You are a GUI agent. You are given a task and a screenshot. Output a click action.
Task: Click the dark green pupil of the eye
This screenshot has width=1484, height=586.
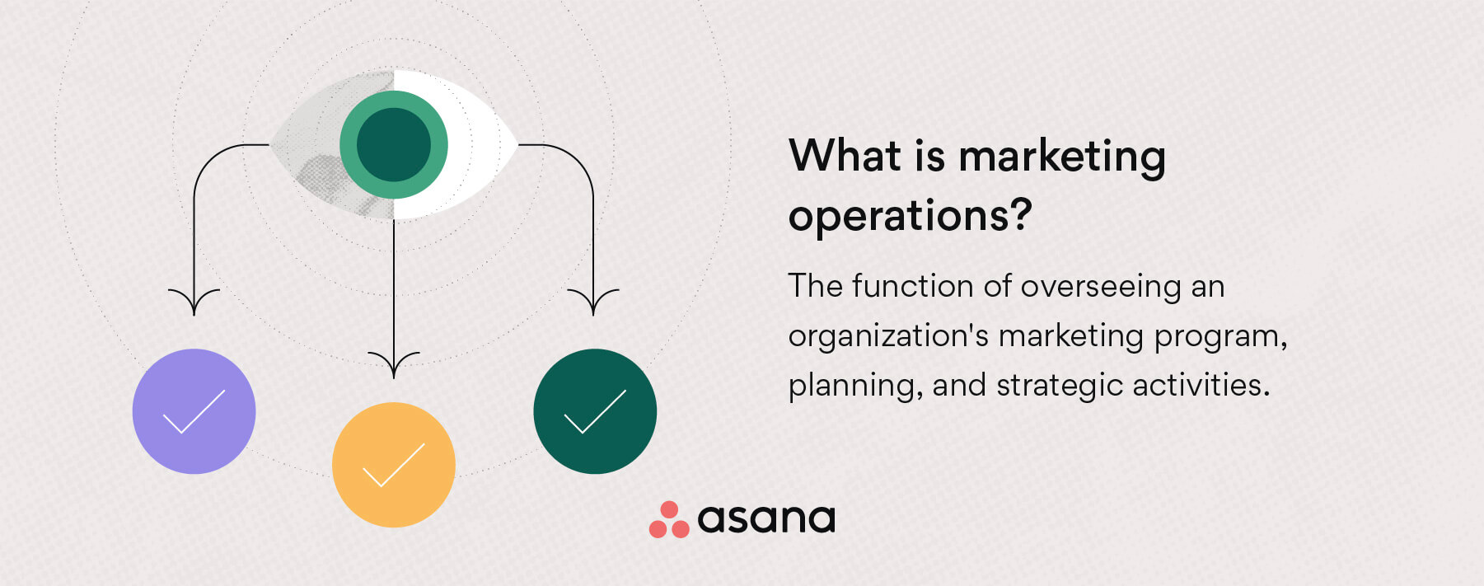click(x=394, y=144)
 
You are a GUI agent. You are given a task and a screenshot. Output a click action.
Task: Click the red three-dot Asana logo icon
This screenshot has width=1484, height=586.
click(x=669, y=520)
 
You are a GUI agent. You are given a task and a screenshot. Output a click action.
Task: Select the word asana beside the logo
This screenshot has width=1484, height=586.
click(x=766, y=519)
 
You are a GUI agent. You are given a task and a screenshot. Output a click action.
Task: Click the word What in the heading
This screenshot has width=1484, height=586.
click(x=845, y=156)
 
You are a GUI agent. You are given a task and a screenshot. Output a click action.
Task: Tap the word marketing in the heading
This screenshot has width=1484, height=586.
click(x=1062, y=157)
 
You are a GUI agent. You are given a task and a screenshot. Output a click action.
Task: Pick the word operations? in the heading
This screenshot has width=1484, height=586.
click(x=910, y=217)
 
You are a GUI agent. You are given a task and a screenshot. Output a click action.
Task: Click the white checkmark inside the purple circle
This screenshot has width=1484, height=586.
click(x=194, y=412)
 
